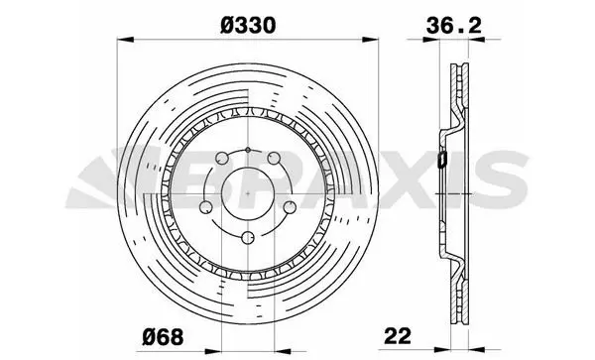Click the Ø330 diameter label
248,26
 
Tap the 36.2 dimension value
454,26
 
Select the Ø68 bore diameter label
163,337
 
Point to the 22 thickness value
398,336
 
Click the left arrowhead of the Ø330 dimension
126,40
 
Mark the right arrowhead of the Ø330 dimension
370,40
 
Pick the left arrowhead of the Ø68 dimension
213,351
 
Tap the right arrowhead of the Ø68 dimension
283,351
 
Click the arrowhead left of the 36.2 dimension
431,39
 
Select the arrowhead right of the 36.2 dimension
477,39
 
